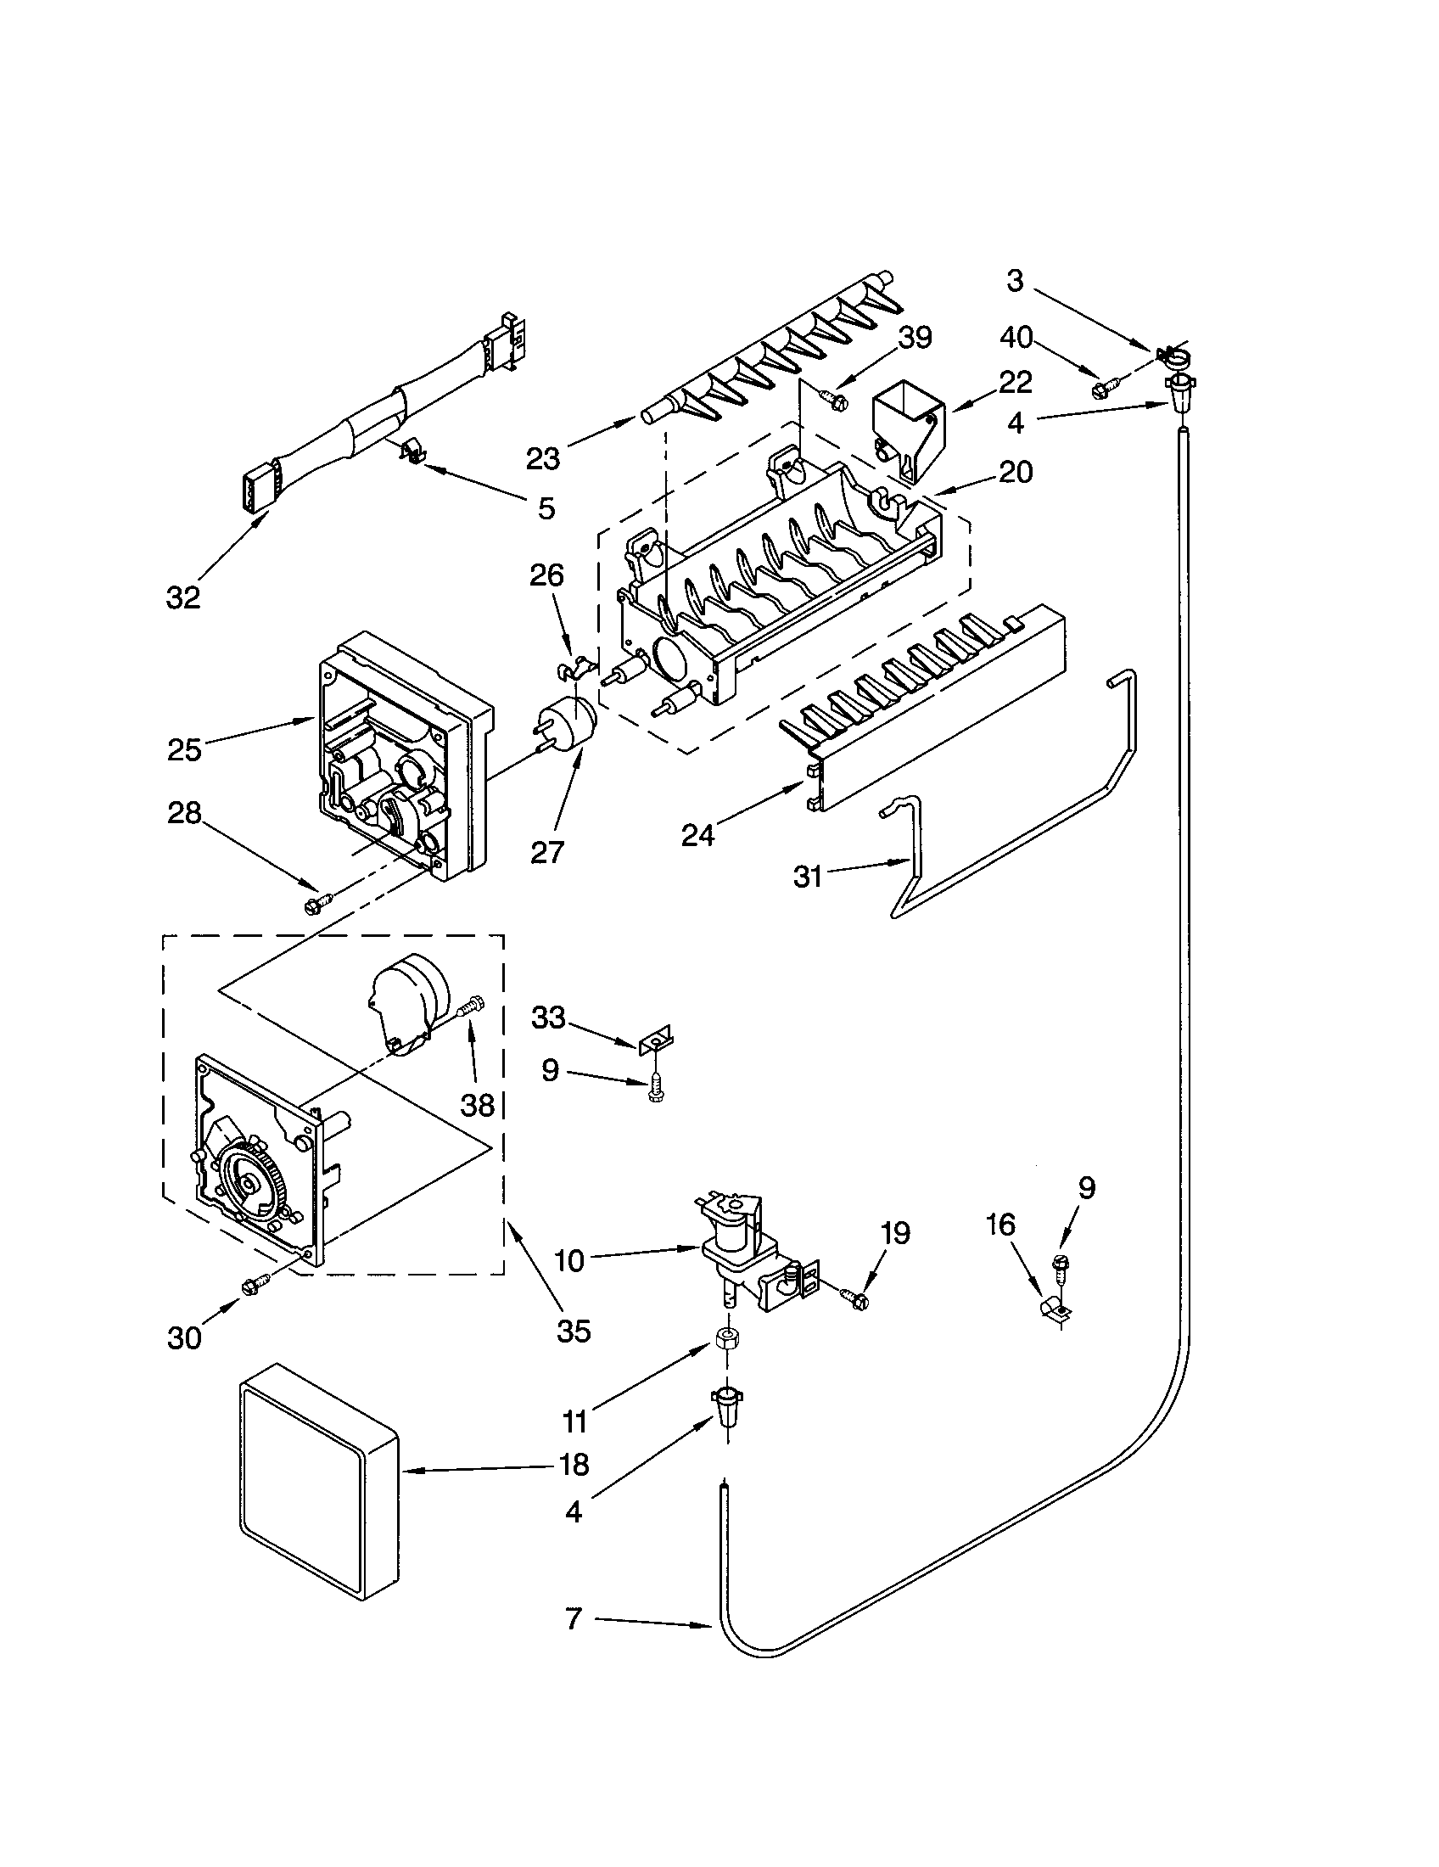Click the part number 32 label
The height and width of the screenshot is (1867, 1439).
[x=183, y=597]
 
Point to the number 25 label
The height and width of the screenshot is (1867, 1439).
[x=184, y=749]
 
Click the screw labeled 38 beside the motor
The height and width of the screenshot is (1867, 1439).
[x=469, y=1007]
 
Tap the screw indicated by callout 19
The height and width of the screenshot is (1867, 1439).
[x=855, y=1297]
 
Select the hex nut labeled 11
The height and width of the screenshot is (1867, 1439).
[x=725, y=1339]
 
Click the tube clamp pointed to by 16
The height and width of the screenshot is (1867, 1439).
[x=1053, y=1309]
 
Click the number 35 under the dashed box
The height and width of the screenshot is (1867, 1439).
[x=573, y=1330]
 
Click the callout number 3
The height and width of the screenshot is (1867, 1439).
[x=1014, y=280]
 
